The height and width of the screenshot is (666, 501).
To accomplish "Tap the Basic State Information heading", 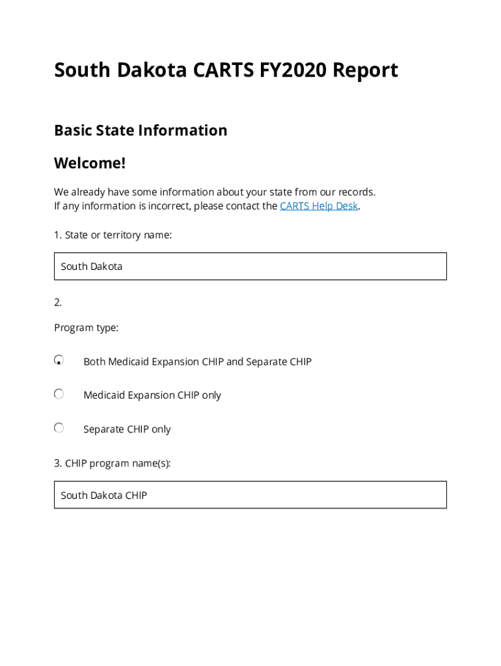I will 141,130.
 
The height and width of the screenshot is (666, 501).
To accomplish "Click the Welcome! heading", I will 90,163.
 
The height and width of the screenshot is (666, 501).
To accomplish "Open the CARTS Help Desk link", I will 319,206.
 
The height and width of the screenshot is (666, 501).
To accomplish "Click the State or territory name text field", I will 250,266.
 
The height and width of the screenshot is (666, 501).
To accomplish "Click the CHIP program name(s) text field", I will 250,495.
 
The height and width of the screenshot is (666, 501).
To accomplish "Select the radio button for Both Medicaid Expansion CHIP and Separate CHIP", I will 59,360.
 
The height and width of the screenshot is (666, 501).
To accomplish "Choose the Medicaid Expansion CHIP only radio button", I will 59,394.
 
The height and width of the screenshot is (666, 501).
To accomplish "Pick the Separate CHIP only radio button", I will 59,428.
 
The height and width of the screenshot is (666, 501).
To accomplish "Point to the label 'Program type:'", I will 86,328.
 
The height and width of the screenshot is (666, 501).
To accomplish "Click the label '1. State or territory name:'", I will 113,235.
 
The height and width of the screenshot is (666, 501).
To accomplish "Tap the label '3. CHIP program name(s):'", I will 113,464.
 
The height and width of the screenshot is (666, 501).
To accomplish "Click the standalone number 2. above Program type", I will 58,302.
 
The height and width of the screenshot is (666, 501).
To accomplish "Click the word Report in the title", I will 365,70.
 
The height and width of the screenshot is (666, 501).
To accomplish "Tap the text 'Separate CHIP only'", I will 127,429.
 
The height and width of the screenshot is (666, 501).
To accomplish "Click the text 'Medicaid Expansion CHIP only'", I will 152,395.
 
